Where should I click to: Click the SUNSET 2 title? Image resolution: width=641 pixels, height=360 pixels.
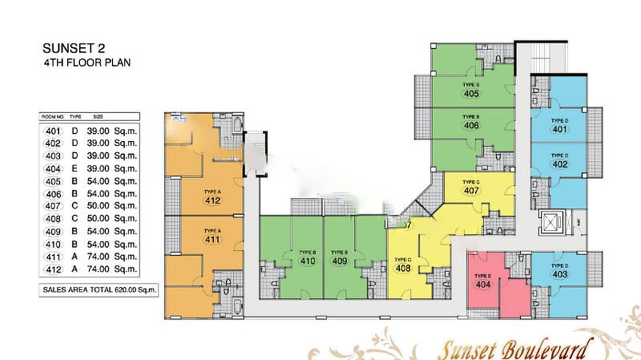(x=74, y=48)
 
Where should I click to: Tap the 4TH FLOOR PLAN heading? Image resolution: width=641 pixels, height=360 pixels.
(x=86, y=63)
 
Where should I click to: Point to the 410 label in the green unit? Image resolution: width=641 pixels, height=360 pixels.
(x=308, y=261)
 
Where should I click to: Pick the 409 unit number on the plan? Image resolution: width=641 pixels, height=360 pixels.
(x=340, y=261)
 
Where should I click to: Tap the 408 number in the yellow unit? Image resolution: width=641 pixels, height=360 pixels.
(x=403, y=268)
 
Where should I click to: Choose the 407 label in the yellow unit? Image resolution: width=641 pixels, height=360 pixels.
(x=471, y=191)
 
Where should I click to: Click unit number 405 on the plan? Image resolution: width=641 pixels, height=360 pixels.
(x=471, y=94)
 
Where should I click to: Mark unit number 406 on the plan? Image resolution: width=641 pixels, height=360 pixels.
(x=471, y=126)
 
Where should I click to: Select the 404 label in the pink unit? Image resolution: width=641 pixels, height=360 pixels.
(x=483, y=285)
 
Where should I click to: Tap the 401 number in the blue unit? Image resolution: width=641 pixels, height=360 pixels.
(x=560, y=129)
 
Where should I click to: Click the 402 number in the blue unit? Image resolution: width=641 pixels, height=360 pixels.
(x=560, y=164)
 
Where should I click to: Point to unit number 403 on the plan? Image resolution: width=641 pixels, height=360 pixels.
(x=560, y=275)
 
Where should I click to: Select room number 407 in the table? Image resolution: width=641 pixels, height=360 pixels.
(x=53, y=206)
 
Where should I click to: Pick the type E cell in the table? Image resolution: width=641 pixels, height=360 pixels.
(x=75, y=169)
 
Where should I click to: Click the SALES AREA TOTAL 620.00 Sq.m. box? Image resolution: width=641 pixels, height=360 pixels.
(x=99, y=290)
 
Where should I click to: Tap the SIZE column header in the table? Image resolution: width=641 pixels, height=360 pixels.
(x=98, y=116)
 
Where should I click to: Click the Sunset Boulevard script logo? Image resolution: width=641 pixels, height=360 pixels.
(x=516, y=349)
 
